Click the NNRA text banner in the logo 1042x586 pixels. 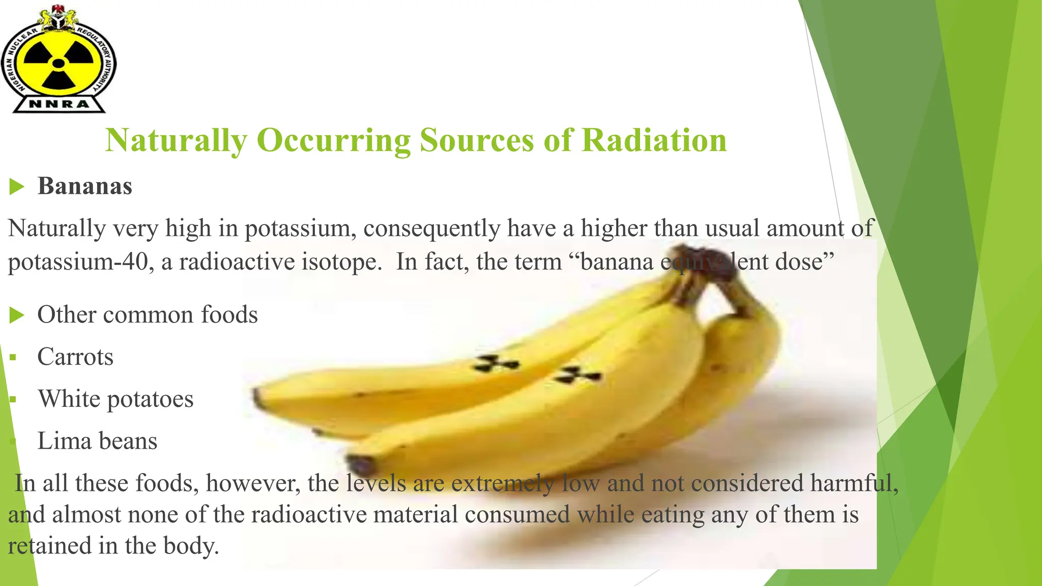click(x=59, y=104)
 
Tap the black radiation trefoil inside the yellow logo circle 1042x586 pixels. click(x=59, y=64)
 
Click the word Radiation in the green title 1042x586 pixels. click(x=654, y=140)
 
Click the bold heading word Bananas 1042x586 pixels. click(x=85, y=186)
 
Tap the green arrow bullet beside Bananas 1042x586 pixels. click(x=17, y=187)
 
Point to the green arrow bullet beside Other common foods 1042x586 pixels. click(x=17, y=315)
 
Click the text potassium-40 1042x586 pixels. click(x=80, y=262)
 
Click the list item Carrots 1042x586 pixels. click(x=75, y=357)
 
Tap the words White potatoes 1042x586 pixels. click(x=115, y=399)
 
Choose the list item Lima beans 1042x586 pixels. click(x=97, y=441)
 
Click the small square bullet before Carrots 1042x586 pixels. click(x=13, y=358)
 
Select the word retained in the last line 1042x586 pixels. click(x=49, y=546)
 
